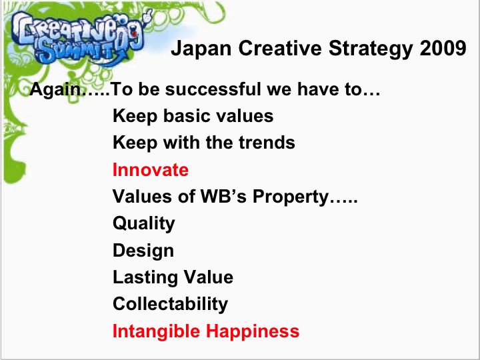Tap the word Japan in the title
201,49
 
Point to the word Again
55,90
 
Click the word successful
213,89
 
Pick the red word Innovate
151,170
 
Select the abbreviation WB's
223,196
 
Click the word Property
291,197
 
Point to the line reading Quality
144,224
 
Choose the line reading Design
143,251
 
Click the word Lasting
145,278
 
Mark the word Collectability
170,305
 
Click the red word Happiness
253,331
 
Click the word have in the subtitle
319,89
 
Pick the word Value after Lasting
209,277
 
